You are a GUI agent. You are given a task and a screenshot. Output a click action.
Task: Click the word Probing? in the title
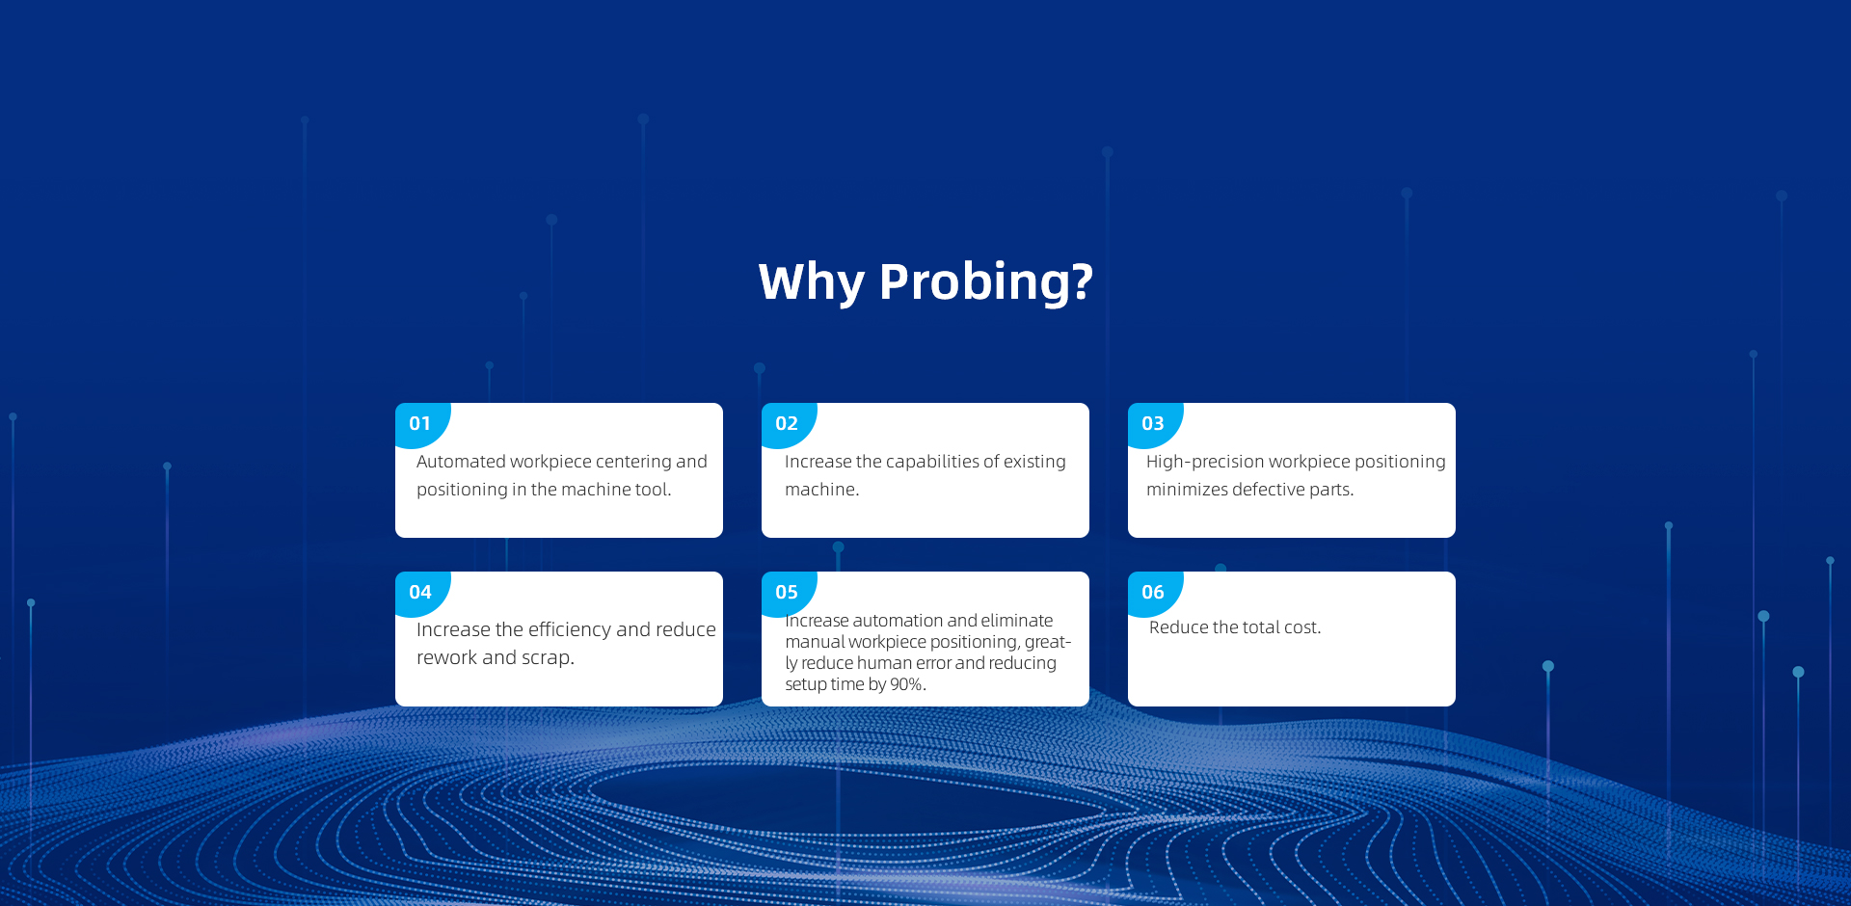(986, 282)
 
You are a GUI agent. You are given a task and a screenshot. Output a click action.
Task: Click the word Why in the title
(812, 282)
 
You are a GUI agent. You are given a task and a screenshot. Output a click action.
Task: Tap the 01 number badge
(421, 424)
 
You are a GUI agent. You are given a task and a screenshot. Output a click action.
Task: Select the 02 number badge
(788, 424)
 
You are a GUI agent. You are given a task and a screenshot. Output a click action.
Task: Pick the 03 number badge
(1154, 424)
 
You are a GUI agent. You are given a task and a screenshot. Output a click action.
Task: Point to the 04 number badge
(421, 593)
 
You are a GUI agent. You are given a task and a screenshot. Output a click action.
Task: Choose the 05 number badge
(788, 593)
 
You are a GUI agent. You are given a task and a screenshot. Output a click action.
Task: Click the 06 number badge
(1154, 593)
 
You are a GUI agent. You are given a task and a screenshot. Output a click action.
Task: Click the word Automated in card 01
(461, 462)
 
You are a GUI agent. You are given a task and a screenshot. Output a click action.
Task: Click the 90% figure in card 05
(906, 684)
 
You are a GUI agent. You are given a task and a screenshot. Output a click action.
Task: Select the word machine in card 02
(819, 490)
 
